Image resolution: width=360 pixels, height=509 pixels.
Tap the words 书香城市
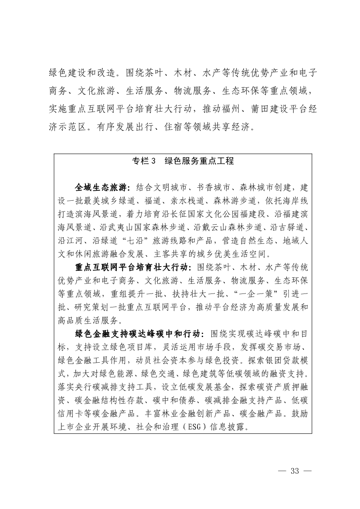click(x=211, y=188)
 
